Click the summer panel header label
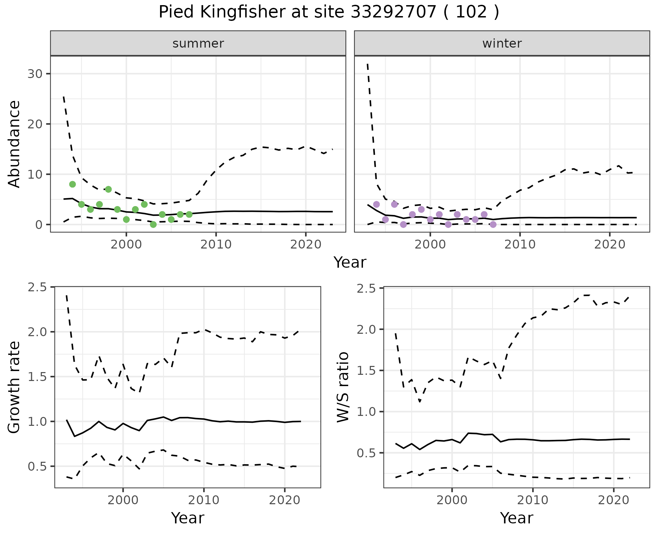(198, 43)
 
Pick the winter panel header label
(502, 43)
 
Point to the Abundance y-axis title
(14, 144)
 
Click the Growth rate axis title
(14, 387)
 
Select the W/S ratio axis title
(343, 387)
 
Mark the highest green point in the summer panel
(72, 184)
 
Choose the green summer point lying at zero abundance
(153, 225)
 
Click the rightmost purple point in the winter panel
(493, 225)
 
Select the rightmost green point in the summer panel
(189, 215)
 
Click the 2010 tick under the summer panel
(216, 244)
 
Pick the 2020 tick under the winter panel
(610, 244)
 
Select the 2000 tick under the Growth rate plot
(123, 500)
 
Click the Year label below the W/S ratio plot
(516, 518)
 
